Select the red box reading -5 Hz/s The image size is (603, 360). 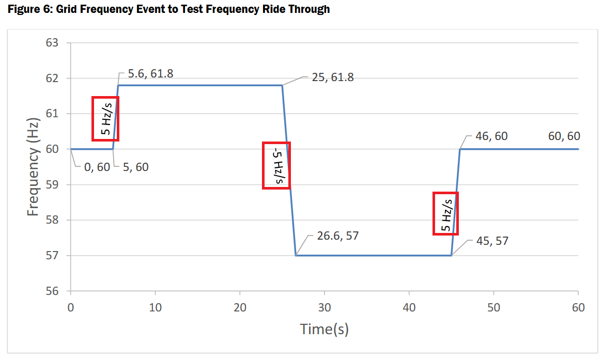(x=276, y=165)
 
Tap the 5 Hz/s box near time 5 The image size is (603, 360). (x=105, y=118)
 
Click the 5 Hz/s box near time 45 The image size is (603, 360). (x=446, y=213)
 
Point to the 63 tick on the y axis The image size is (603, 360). (x=52, y=43)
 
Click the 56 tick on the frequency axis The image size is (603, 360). (x=52, y=291)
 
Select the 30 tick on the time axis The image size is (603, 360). (x=324, y=307)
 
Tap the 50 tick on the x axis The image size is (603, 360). (x=493, y=307)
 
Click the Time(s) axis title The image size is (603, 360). (x=324, y=329)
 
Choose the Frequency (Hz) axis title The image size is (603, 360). (x=33, y=166)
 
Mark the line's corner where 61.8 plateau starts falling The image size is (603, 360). (x=282, y=85)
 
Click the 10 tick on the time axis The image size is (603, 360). (x=155, y=307)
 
